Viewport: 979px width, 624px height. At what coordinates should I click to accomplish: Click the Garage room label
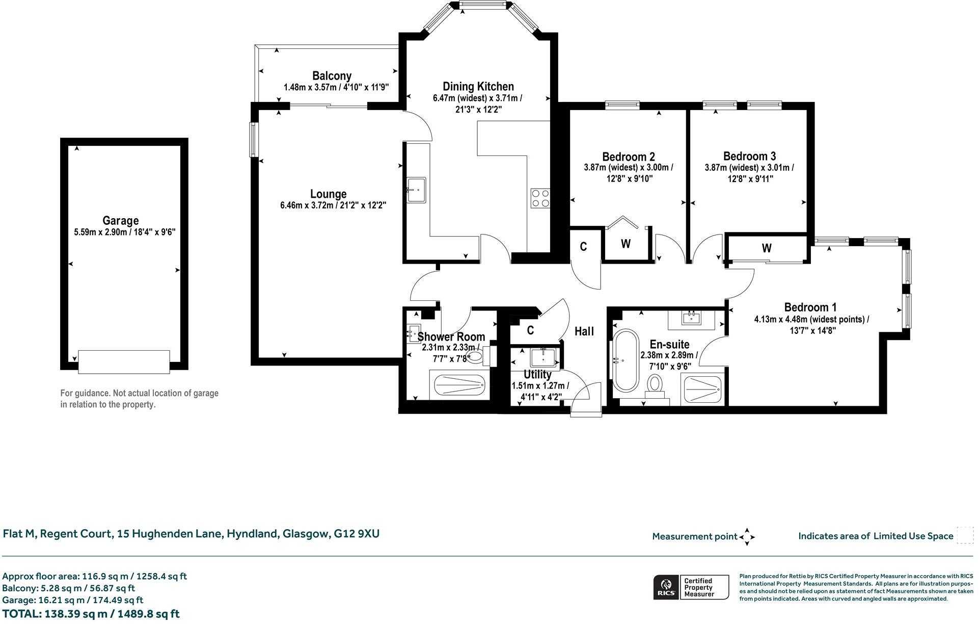(121, 221)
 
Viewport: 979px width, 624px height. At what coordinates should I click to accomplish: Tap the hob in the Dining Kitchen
(540, 198)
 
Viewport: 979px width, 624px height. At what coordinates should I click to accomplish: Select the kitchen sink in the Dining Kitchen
(416, 190)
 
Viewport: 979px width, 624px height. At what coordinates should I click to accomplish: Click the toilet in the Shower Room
(475, 356)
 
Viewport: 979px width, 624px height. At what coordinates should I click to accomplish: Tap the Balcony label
(332, 76)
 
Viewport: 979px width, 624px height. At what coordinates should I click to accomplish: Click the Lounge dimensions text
(333, 206)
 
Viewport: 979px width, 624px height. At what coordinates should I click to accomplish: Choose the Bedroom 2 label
(628, 157)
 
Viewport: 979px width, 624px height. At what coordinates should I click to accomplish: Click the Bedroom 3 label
(749, 156)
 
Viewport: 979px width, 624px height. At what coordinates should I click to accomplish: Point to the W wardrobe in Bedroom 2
(626, 244)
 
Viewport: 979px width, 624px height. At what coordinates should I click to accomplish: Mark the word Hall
(584, 331)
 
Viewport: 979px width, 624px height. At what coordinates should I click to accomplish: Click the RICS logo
(666, 587)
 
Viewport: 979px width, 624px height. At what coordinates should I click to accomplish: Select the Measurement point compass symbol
(747, 537)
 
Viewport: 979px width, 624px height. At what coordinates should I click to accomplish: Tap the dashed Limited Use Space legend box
(965, 536)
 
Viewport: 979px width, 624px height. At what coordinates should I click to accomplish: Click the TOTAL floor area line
(91, 614)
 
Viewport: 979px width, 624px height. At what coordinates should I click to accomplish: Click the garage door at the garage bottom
(124, 361)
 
